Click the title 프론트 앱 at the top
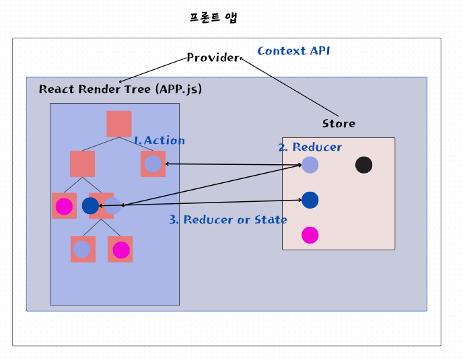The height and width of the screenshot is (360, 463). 213,18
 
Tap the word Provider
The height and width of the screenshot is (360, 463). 213,58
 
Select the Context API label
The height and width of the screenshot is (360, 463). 293,51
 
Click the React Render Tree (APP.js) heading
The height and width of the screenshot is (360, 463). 120,89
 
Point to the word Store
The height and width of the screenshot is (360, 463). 339,124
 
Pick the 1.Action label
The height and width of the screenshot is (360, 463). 159,141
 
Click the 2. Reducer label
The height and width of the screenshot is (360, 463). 310,147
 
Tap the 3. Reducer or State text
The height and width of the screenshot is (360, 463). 228,220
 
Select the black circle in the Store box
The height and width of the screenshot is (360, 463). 364,165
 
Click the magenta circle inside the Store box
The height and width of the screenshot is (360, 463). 310,235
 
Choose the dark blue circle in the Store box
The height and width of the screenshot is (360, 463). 310,200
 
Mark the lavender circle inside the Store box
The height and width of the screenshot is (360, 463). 310,165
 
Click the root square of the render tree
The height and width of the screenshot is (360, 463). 119,124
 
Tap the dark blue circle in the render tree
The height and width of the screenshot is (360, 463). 90,206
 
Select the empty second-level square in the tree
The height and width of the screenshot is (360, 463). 82,164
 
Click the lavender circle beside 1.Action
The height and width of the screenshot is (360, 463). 153,164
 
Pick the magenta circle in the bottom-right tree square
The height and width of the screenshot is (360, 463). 121,250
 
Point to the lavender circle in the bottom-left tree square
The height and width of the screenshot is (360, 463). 82,250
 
